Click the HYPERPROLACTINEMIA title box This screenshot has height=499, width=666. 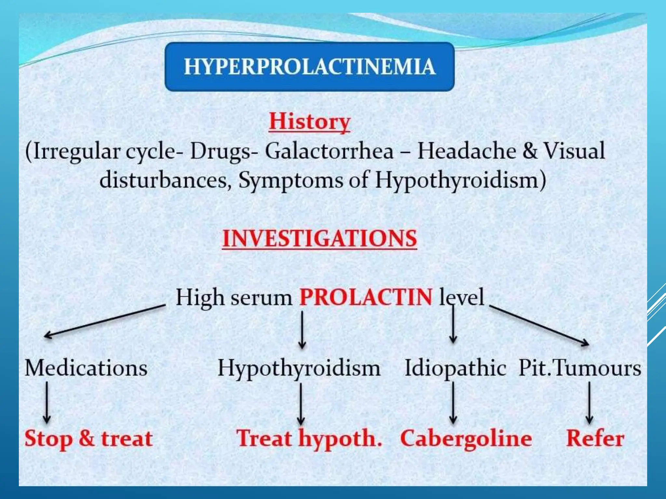[x=309, y=67]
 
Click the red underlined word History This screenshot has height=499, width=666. [x=309, y=122]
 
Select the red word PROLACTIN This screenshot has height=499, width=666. [x=366, y=297]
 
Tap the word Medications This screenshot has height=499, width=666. [x=86, y=368]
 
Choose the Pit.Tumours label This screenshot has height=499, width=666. [x=580, y=368]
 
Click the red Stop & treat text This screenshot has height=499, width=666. [x=89, y=439]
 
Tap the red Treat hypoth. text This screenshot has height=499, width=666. [x=309, y=439]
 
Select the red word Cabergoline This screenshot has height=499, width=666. [x=466, y=439]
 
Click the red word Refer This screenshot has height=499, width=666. [x=595, y=439]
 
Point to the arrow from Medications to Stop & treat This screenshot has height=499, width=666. [x=47, y=402]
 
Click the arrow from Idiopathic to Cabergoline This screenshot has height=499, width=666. [x=453, y=403]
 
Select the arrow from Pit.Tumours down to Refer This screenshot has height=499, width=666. [x=589, y=403]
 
